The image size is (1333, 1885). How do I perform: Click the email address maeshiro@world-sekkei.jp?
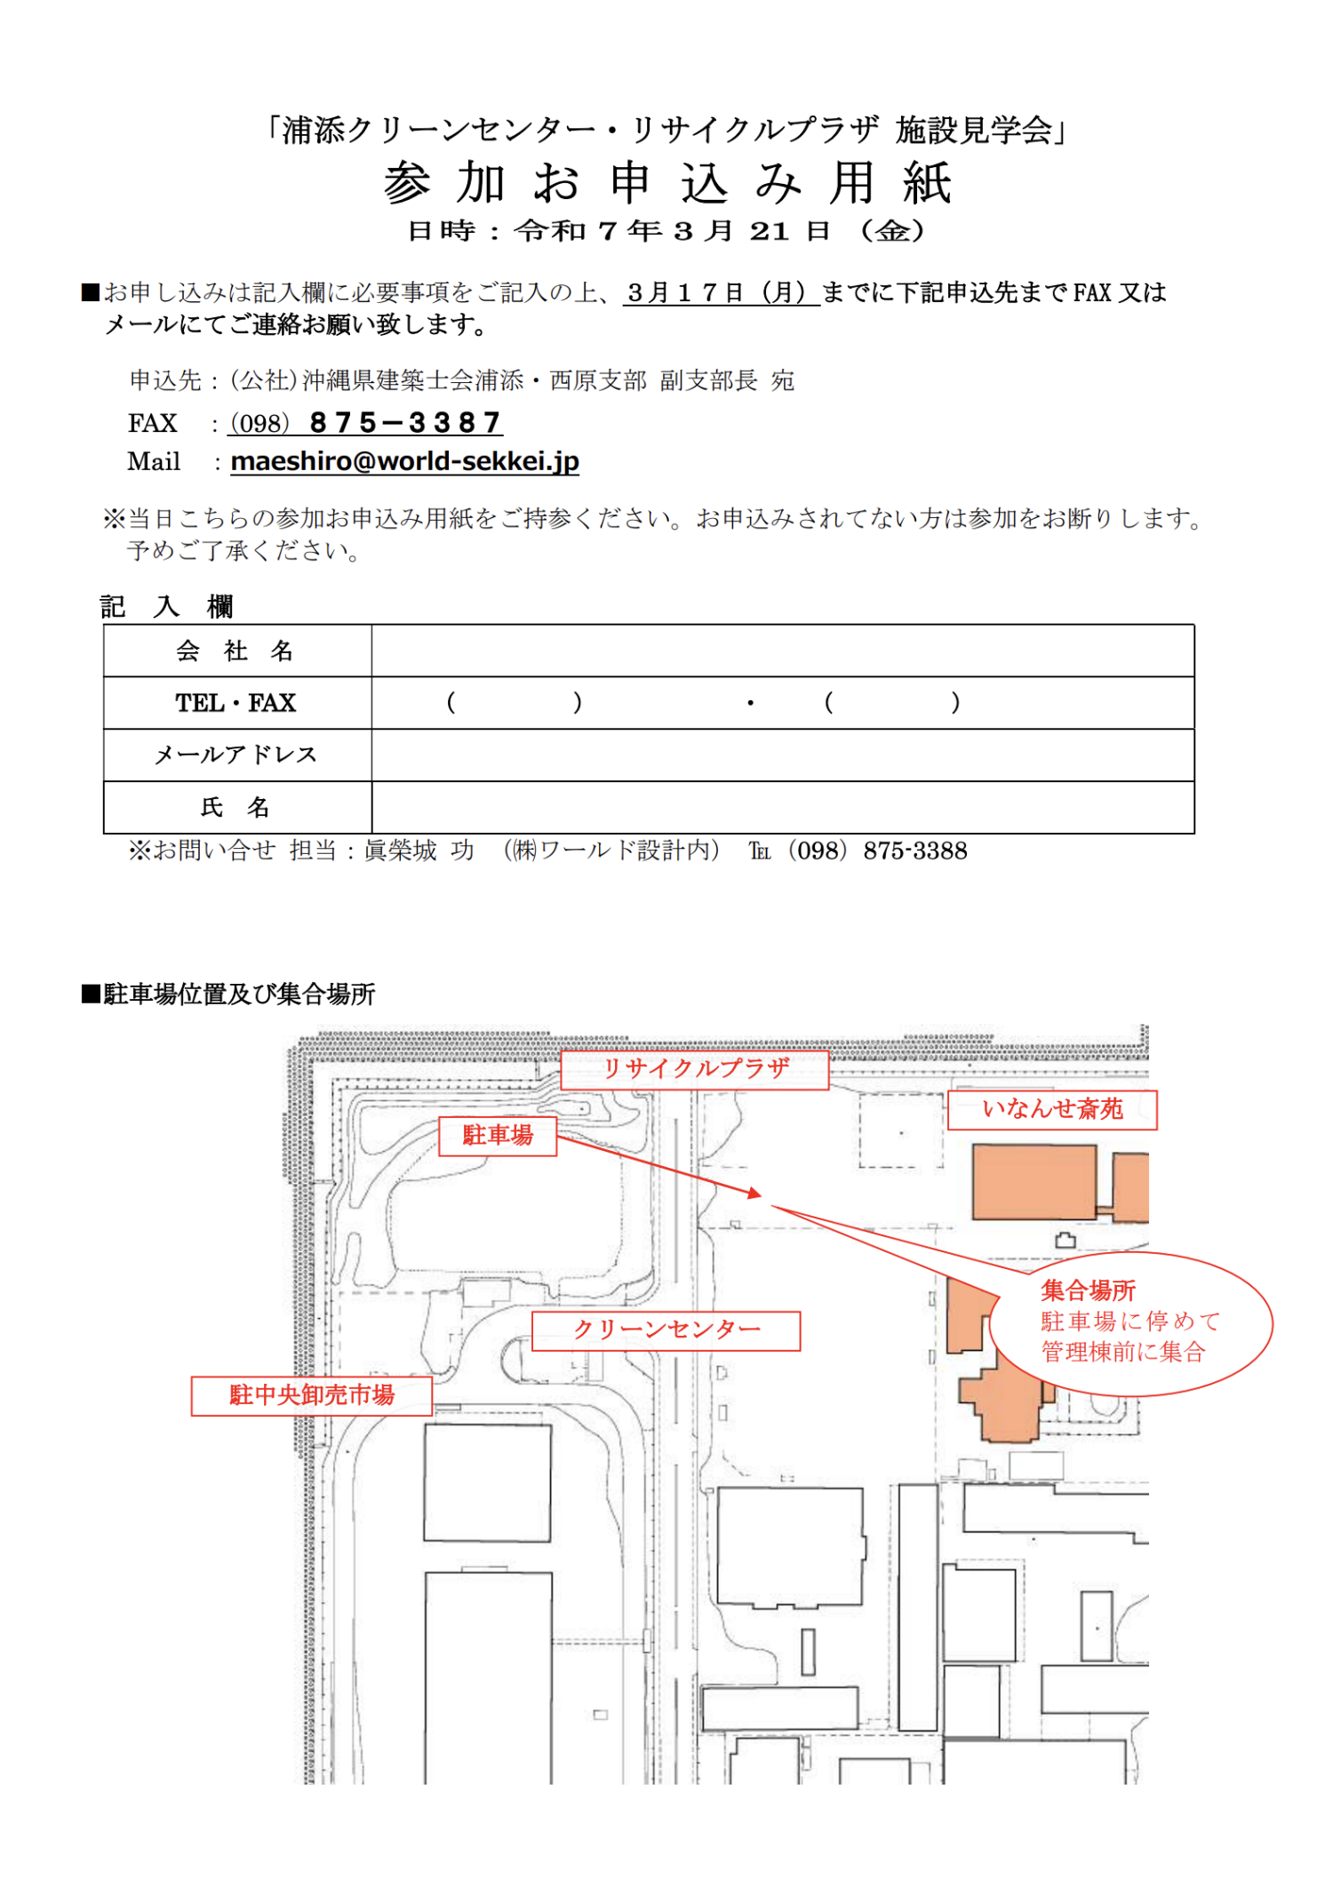coord(404,461)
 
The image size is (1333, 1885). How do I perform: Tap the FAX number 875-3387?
coord(405,423)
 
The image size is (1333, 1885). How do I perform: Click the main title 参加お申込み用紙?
coord(667,183)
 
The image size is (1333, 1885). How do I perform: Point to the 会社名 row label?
coord(235,651)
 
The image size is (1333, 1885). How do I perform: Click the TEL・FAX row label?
coord(235,703)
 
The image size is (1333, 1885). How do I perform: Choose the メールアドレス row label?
coord(235,755)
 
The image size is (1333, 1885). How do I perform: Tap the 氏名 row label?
coord(235,807)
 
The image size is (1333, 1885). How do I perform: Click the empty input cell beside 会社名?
coord(782,651)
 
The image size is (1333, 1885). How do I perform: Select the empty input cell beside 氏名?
coord(782,807)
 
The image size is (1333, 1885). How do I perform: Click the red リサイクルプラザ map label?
coord(695,1069)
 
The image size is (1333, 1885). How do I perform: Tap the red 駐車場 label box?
coord(498,1136)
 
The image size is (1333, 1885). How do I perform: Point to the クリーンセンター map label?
coord(666,1330)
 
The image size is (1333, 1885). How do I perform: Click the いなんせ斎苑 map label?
coord(1052,1109)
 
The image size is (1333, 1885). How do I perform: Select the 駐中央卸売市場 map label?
coord(311,1395)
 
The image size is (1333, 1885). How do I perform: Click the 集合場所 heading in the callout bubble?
coord(1088,1290)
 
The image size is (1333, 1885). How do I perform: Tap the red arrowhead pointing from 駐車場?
coord(755,1194)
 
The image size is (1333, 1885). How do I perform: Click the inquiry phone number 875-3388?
coord(914,851)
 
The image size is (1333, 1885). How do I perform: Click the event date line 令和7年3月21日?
coord(666,232)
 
